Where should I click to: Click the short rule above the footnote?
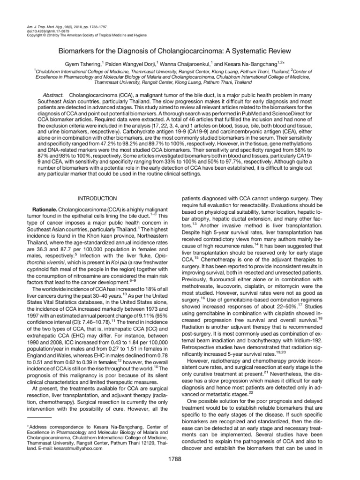[39, 416]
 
